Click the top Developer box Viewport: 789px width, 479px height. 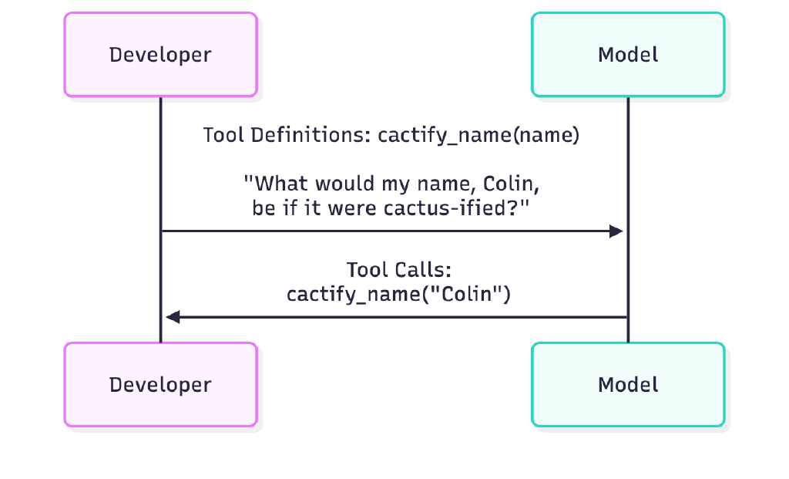tap(160, 55)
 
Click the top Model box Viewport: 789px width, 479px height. tap(628, 55)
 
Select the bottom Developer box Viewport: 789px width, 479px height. tap(160, 384)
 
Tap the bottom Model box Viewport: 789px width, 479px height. tap(628, 384)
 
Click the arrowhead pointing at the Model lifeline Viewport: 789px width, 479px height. tap(616, 231)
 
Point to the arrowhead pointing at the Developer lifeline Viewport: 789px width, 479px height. tap(173, 316)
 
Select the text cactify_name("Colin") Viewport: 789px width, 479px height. tap(398, 295)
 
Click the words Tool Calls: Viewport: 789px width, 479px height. tap(398, 270)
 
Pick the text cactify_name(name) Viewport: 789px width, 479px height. tap(478, 136)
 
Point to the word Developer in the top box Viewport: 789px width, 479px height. tap(160, 55)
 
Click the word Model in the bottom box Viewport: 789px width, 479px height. tap(628, 384)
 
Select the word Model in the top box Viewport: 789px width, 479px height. tap(628, 55)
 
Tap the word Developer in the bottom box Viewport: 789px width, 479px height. tap(160, 384)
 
